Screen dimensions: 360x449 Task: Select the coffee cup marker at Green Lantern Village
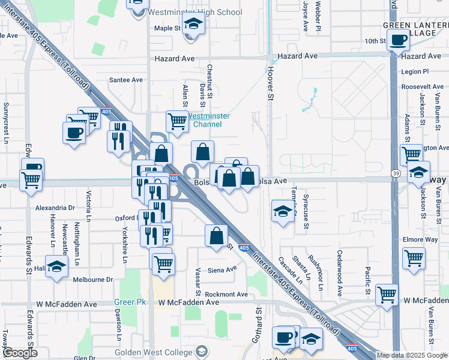point(397,41)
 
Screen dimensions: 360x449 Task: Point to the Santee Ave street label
point(126,80)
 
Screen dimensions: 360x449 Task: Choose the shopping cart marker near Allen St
point(177,122)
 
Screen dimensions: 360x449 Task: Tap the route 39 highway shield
point(395,173)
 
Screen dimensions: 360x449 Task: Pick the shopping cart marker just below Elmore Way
point(414,259)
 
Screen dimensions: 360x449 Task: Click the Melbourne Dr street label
point(93,280)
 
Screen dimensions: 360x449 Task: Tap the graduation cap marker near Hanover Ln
point(56,266)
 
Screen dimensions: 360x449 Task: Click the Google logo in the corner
point(20,353)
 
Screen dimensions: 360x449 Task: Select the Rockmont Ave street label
point(226,295)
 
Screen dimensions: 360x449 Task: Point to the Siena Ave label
point(223,269)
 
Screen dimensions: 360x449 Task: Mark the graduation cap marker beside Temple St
point(282,211)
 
